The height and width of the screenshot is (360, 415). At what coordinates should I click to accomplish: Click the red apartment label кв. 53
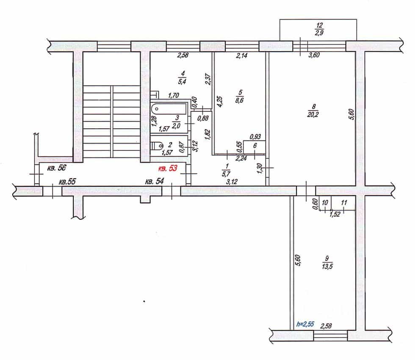[168, 169]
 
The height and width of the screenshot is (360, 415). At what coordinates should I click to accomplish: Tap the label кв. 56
[56, 168]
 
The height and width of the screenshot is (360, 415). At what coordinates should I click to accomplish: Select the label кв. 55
[67, 182]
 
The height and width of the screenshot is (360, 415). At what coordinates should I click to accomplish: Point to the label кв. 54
[154, 181]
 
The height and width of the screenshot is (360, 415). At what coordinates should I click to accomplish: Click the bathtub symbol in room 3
[169, 109]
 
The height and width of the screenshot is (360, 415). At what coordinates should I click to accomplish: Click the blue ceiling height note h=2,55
[305, 324]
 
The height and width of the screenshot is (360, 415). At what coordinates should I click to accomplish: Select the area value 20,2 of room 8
[313, 115]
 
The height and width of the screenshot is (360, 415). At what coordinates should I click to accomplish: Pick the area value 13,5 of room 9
[327, 266]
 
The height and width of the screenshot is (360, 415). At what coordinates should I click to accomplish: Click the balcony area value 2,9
[319, 33]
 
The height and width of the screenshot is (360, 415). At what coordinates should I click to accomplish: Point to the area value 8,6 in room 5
[239, 100]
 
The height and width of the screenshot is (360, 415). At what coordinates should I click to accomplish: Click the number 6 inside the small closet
[255, 146]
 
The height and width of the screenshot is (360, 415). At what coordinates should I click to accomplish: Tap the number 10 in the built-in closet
[325, 203]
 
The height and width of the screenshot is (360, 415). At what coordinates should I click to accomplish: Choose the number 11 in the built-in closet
[344, 203]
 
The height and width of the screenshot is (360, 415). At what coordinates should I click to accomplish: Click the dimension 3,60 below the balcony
[314, 55]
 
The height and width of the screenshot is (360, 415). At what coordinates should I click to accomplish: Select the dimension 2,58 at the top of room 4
[183, 55]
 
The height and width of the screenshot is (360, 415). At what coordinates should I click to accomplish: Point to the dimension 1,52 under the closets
[335, 214]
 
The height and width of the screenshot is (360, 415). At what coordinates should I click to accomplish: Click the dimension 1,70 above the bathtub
[174, 95]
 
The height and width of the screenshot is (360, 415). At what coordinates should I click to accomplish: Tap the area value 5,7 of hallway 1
[227, 174]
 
